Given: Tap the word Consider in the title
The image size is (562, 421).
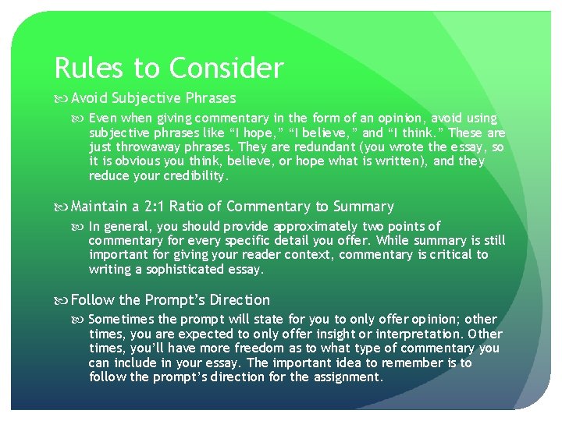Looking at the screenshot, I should [x=226, y=69].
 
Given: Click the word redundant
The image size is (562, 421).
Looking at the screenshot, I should [x=340, y=147].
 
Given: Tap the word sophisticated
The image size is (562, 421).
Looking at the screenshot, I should [x=179, y=270].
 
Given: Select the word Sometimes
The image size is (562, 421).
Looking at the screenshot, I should [x=123, y=320].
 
